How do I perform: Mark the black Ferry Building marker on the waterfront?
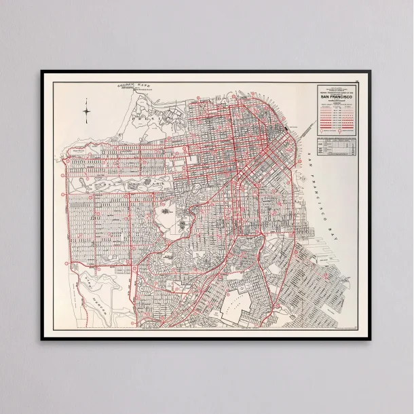click(x=290, y=127)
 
